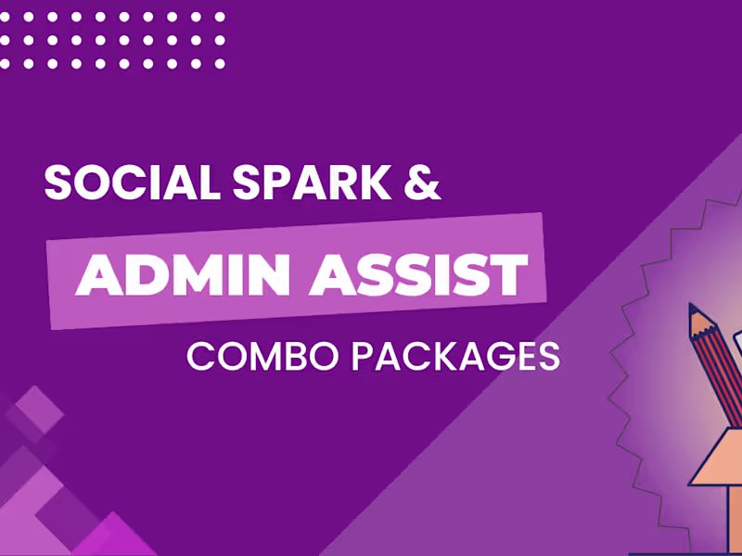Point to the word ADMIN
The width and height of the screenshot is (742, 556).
(177, 274)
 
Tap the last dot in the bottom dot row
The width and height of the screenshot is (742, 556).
(220, 63)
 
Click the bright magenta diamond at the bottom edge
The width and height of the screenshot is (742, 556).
(121, 537)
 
